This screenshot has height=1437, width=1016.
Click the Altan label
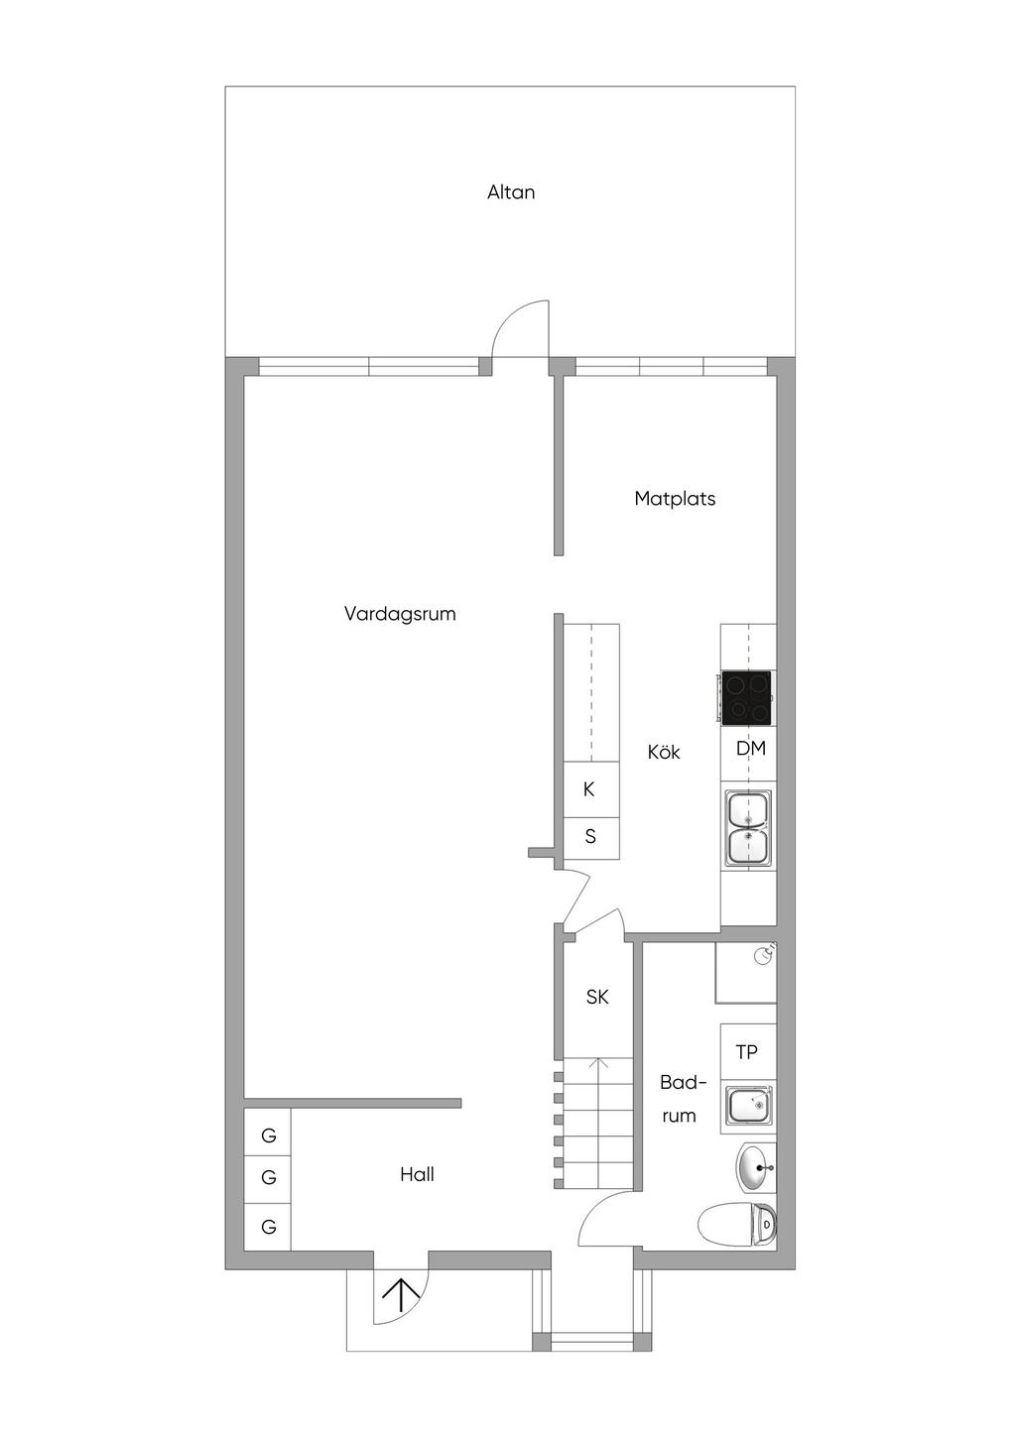click(x=510, y=191)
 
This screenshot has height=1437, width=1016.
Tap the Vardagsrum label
click(x=400, y=614)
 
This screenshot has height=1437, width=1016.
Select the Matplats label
click(x=675, y=499)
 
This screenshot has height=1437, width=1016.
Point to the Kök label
click(x=664, y=752)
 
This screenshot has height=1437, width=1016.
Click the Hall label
click(x=417, y=1174)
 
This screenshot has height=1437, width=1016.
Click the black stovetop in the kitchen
click(x=746, y=698)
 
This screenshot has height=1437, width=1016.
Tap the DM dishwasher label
click(x=751, y=748)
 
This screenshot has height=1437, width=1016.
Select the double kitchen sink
click(x=748, y=827)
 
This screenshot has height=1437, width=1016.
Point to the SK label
click(x=597, y=997)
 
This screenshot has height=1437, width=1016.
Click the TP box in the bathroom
click(x=748, y=1051)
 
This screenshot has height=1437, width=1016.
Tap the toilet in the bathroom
click(x=737, y=1224)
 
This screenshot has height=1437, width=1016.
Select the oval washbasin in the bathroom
click(x=756, y=1167)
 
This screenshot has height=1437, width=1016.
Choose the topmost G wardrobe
click(x=268, y=1136)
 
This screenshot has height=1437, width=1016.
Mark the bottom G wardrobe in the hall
click(x=268, y=1227)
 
